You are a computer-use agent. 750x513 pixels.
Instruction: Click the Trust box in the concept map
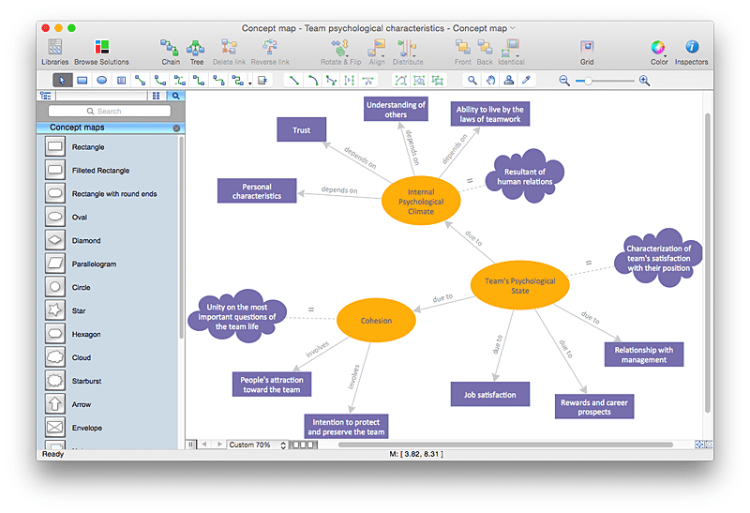301,129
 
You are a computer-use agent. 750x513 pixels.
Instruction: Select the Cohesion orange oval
375,321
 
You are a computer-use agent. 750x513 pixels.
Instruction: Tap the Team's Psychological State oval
519,285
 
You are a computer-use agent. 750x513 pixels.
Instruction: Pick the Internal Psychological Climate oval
421,201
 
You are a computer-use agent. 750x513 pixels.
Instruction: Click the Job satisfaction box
489,394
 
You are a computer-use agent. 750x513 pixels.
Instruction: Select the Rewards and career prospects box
594,406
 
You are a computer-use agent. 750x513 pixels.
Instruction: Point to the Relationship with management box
643,355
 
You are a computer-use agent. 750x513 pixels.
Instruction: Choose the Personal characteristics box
256,190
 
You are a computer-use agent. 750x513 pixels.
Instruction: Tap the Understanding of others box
396,110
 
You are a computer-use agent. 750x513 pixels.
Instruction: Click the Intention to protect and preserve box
346,427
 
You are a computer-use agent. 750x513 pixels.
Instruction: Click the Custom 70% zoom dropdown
256,445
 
